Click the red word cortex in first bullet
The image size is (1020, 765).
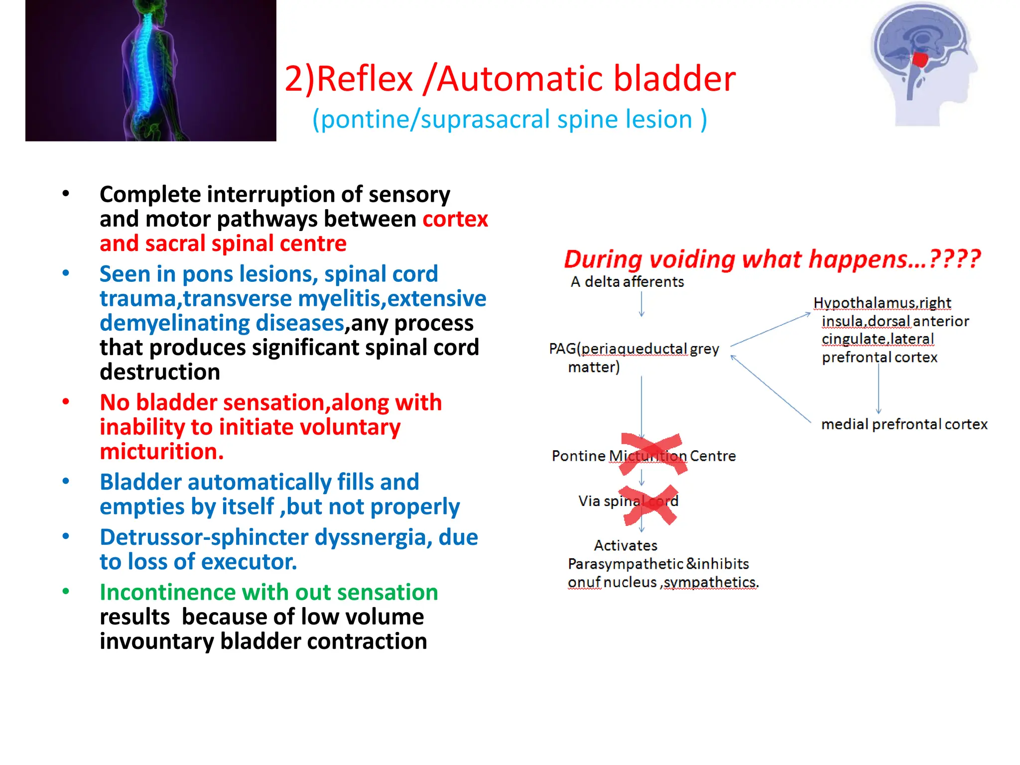[455, 219]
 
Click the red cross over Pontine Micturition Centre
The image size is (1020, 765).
[653, 454]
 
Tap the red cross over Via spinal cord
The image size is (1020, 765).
[649, 505]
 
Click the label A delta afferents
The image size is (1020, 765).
[627, 282]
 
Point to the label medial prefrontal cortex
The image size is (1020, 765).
[904, 424]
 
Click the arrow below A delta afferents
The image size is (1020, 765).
[641, 304]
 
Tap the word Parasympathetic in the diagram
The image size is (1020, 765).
[625, 564]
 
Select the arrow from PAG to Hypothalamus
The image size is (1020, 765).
[770, 330]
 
